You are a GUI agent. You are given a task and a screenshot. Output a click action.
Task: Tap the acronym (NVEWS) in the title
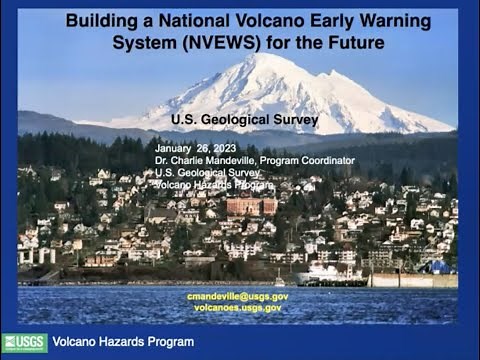225,44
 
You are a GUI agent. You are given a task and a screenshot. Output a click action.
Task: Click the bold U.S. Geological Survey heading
245,120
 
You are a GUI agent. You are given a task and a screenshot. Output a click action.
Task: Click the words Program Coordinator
307,161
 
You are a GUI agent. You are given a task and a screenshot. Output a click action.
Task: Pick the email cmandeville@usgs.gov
238,297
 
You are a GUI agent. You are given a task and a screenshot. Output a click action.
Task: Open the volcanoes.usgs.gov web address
238,308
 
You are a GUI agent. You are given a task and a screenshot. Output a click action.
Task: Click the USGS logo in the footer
24,343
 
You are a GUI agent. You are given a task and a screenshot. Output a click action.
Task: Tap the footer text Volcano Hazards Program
123,343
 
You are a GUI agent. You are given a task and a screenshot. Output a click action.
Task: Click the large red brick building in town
251,206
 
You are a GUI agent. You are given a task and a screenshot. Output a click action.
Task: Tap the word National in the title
192,20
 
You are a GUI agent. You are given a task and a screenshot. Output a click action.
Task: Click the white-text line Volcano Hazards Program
214,184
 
